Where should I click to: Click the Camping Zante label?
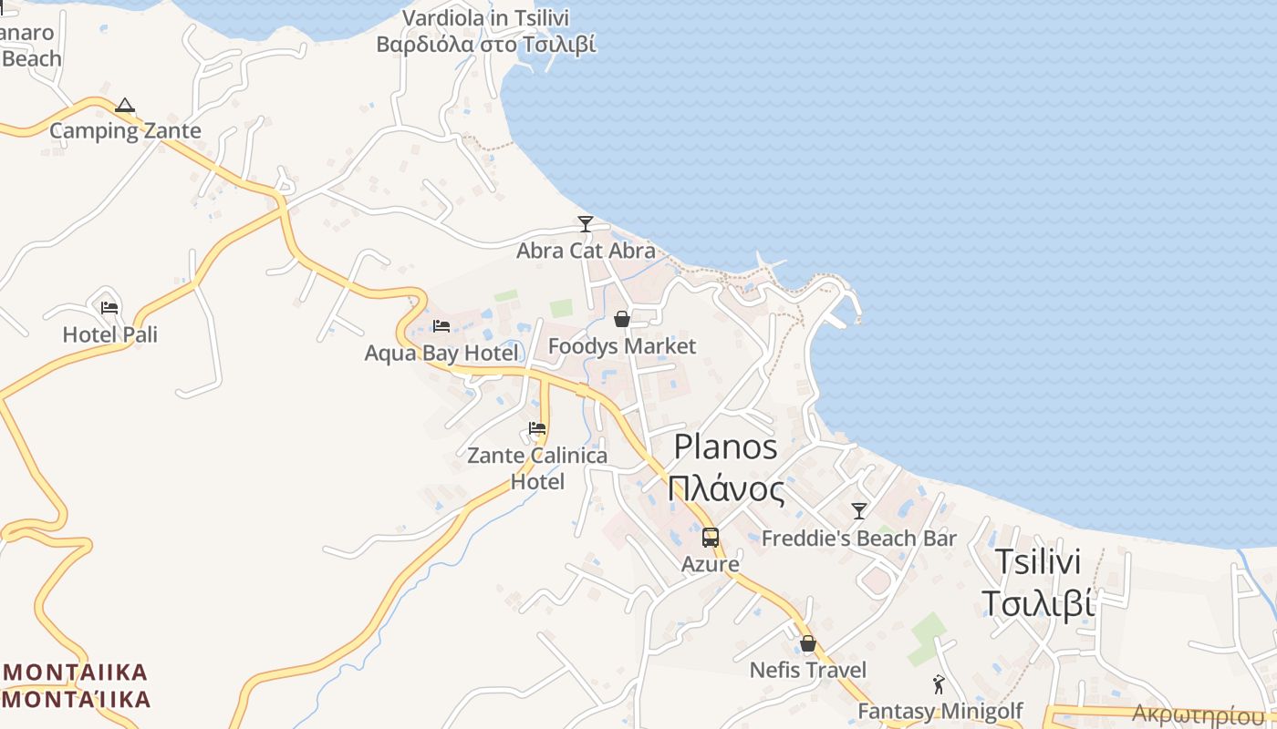(125, 131)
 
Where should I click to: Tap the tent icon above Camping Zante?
(125, 106)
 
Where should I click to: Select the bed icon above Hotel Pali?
(109, 308)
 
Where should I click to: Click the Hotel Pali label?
(109, 335)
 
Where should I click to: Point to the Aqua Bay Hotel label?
(441, 354)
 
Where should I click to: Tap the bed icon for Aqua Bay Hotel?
(441, 326)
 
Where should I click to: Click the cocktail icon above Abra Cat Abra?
(586, 223)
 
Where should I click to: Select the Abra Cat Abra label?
(586, 251)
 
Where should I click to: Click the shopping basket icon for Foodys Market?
(621, 319)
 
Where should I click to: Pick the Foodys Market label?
(621, 346)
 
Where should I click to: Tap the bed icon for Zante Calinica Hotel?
(537, 428)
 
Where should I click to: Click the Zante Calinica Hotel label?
(537, 468)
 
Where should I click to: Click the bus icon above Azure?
(710, 538)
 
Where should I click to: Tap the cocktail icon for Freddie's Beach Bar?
(858, 511)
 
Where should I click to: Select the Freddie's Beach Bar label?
(858, 539)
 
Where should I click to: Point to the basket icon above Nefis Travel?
(807, 643)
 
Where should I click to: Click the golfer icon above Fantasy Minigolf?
(939, 683)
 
